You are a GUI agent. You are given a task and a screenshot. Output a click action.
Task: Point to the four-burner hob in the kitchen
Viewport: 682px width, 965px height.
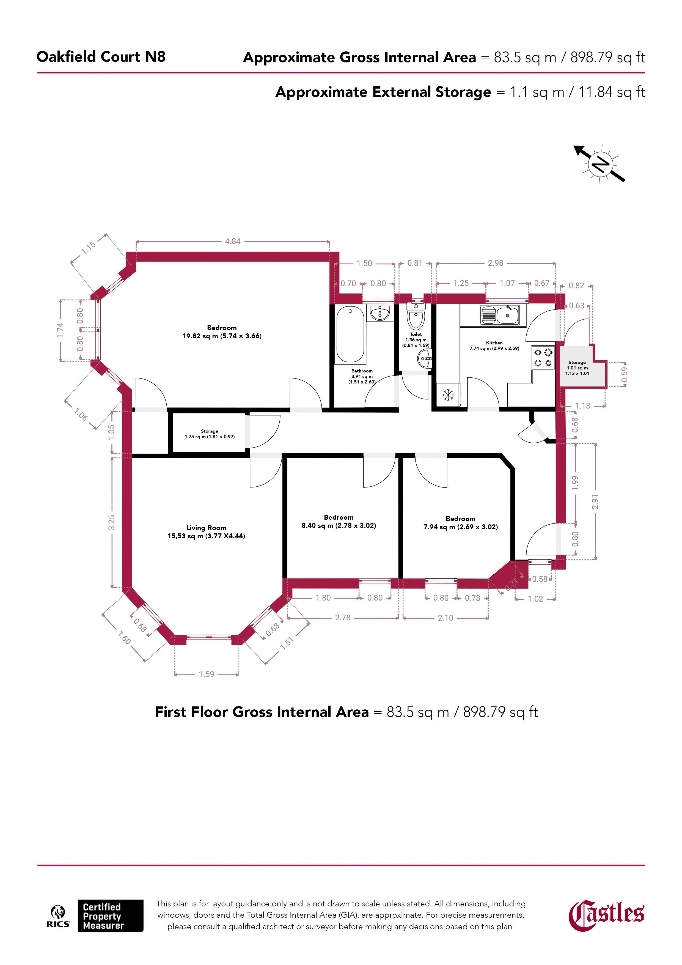coord(543,357)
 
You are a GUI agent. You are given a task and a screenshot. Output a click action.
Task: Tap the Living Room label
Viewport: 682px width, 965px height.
coord(206,532)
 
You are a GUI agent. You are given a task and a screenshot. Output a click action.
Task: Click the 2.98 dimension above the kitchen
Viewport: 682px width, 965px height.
coord(496,263)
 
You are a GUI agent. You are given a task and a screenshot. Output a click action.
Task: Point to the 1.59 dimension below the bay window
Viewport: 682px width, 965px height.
coord(206,674)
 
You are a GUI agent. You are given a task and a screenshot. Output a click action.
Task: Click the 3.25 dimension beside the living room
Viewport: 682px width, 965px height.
coord(111,522)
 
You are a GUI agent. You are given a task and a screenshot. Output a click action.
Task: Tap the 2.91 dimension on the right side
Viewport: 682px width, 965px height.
coord(595,501)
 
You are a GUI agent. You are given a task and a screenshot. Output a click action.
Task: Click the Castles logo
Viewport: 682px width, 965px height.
coord(606,915)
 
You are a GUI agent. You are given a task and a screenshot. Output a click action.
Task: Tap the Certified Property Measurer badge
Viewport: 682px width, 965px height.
coord(110,916)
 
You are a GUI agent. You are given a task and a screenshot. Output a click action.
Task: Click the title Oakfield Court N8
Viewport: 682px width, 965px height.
coord(101,57)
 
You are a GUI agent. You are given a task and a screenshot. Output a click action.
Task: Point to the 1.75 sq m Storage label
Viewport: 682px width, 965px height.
coord(209,434)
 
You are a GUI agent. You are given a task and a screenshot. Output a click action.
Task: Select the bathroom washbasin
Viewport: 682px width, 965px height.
coord(380,313)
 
